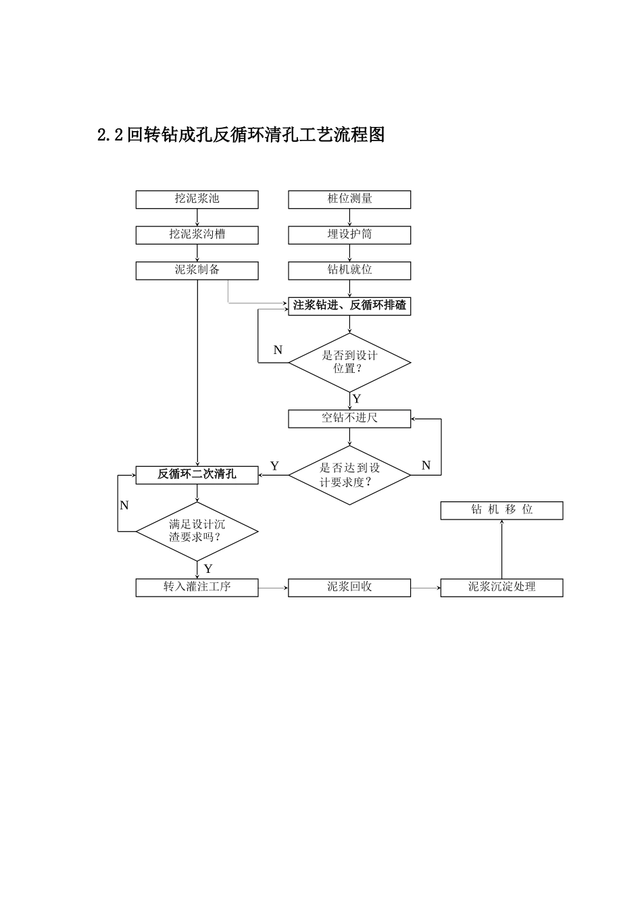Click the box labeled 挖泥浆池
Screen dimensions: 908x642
(197, 199)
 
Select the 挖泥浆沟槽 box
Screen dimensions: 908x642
(197, 234)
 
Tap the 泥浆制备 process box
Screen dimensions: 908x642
(197, 270)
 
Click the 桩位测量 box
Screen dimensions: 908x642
(349, 199)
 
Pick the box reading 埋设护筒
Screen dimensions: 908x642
(349, 234)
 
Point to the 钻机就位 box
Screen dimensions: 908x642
(349, 270)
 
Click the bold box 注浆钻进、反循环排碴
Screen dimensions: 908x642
(349, 306)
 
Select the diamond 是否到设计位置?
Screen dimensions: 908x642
(349, 362)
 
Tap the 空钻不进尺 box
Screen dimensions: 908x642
(349, 418)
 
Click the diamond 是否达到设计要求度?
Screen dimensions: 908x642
(349, 475)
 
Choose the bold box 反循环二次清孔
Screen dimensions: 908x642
(197, 475)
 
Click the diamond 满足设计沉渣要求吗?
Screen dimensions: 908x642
(197, 532)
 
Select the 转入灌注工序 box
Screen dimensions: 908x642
(197, 587)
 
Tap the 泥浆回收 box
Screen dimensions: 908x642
(349, 587)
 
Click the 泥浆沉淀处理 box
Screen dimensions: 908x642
(501, 587)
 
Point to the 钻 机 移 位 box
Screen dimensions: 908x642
(501, 510)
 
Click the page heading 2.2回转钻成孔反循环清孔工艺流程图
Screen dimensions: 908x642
(241, 135)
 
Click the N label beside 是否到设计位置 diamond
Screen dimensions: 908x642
(278, 350)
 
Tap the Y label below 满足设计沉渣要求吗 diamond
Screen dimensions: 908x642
(208, 569)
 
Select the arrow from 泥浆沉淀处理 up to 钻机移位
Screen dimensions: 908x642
(501, 549)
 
